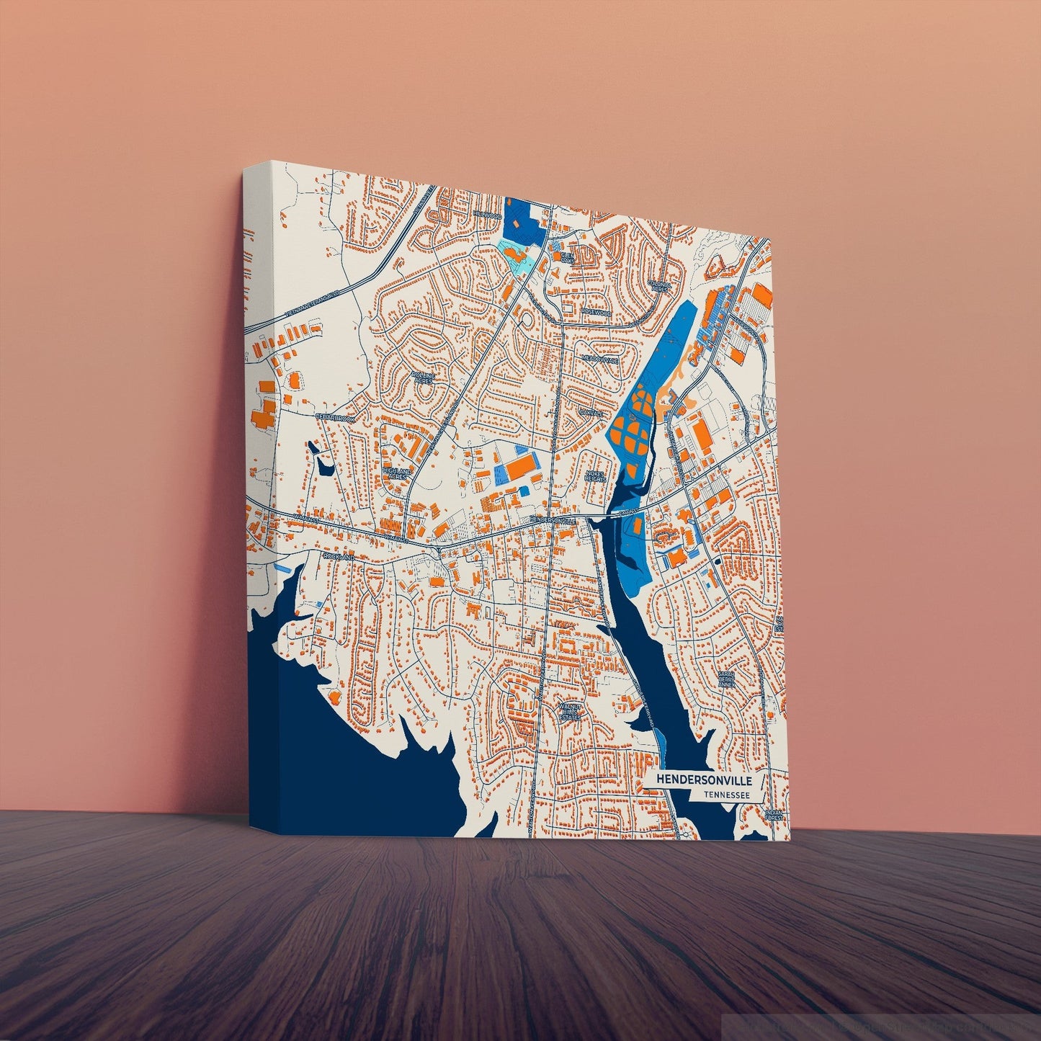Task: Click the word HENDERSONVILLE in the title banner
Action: pyautogui.click(x=705, y=780)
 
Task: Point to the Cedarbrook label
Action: pyautogui.click(x=335, y=417)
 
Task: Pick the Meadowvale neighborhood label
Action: pyautogui.click(x=601, y=358)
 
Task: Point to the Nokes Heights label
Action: pyautogui.click(x=597, y=475)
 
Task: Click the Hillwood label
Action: pyautogui.click(x=487, y=215)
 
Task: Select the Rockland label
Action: pyautogui.click(x=339, y=557)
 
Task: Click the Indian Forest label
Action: pyautogui.click(x=774, y=816)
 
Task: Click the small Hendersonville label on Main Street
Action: pyautogui.click(x=553, y=519)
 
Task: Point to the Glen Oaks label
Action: pyautogui.click(x=567, y=256)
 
